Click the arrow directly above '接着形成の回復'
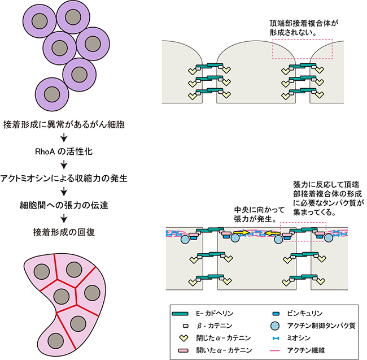63,218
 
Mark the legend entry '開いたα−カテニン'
217,352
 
